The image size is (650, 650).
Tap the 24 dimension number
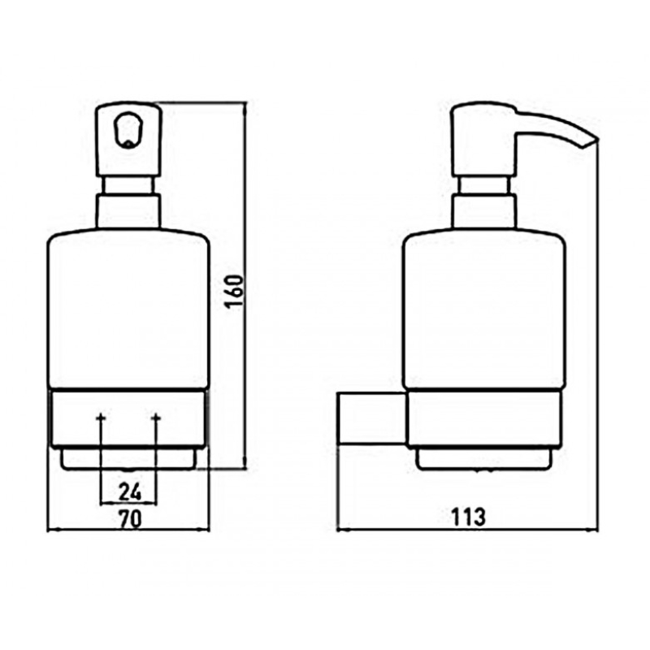tap(130, 492)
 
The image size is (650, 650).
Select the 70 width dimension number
tap(130, 518)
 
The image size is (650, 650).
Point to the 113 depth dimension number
tap(468, 517)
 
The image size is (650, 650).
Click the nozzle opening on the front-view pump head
tap(128, 131)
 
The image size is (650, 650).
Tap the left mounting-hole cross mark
tap(101, 417)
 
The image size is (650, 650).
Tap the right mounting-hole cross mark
tap(156, 417)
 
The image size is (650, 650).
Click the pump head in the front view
tap(128, 139)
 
